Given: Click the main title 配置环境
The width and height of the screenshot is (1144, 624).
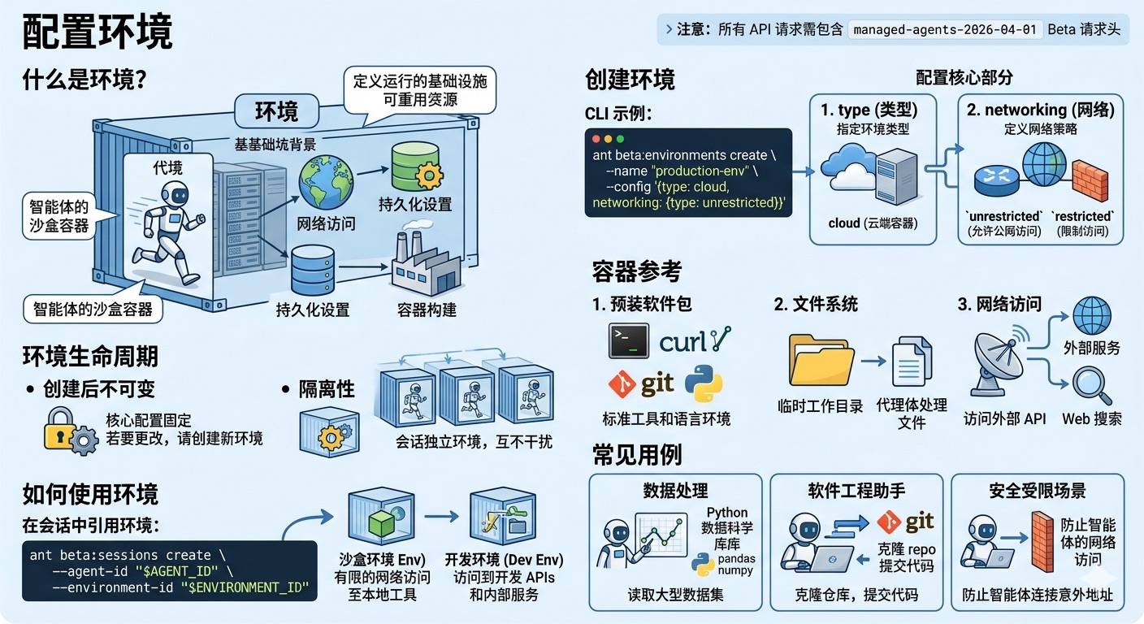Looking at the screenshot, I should click(x=97, y=33).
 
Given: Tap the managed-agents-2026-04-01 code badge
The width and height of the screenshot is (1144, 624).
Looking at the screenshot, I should click(x=945, y=29).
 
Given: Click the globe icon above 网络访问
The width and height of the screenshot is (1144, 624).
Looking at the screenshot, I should click(x=326, y=184).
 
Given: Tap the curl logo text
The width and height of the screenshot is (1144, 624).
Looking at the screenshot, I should click(x=683, y=342).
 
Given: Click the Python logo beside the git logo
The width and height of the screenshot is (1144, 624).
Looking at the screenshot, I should click(x=704, y=383).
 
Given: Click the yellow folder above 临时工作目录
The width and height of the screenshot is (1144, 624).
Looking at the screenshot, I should click(x=821, y=362).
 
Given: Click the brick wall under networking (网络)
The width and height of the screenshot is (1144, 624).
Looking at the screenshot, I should click(x=1089, y=181).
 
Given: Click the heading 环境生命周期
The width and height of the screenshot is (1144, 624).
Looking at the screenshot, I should click(x=90, y=356).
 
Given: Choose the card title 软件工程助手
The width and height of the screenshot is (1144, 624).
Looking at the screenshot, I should click(x=856, y=491).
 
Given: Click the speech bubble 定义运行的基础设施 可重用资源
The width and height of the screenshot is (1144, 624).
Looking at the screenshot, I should click(x=419, y=90).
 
